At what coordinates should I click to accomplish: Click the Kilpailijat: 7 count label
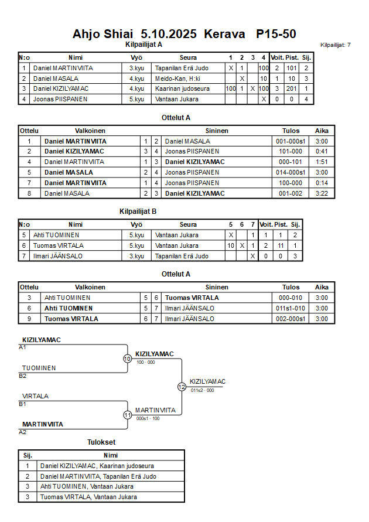[x=336, y=45]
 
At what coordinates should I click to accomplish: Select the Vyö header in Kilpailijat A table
[x=136, y=58]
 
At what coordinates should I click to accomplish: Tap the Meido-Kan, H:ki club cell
[x=178, y=79]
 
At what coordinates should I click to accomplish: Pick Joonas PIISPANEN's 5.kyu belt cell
[x=136, y=99]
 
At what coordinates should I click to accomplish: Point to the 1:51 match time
[x=322, y=162]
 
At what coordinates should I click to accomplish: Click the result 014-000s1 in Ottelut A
[x=291, y=172]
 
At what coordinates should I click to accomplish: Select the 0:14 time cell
[x=322, y=183]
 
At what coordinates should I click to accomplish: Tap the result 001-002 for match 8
[x=291, y=193]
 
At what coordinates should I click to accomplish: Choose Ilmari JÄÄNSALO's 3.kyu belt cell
[x=136, y=256]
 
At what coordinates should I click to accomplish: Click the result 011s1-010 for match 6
[x=291, y=308]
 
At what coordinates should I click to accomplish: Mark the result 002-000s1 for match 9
[x=291, y=319]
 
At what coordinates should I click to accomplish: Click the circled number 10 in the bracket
[x=127, y=359]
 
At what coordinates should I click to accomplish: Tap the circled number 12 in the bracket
[x=182, y=387]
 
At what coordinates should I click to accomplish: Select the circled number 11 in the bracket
[x=127, y=415]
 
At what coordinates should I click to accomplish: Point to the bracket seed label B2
[x=23, y=376]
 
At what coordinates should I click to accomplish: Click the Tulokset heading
[x=101, y=442]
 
